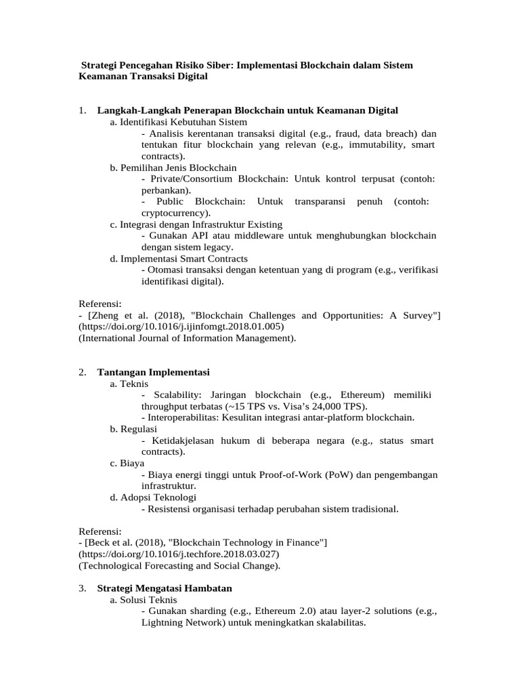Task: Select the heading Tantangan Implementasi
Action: tap(154, 372)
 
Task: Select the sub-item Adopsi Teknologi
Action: tap(158, 497)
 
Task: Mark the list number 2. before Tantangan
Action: tap(82, 372)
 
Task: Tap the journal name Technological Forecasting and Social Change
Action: tap(179, 565)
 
